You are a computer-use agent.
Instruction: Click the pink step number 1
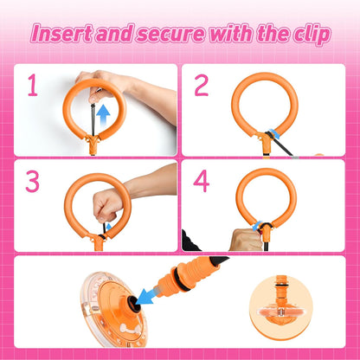pyautogui.click(x=32, y=87)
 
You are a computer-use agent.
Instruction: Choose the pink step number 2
pyautogui.click(x=202, y=87)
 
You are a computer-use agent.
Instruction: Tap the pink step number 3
pyautogui.click(x=32, y=183)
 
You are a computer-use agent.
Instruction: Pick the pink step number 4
pyautogui.click(x=202, y=183)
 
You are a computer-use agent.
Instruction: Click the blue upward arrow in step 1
pyautogui.click(x=103, y=113)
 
